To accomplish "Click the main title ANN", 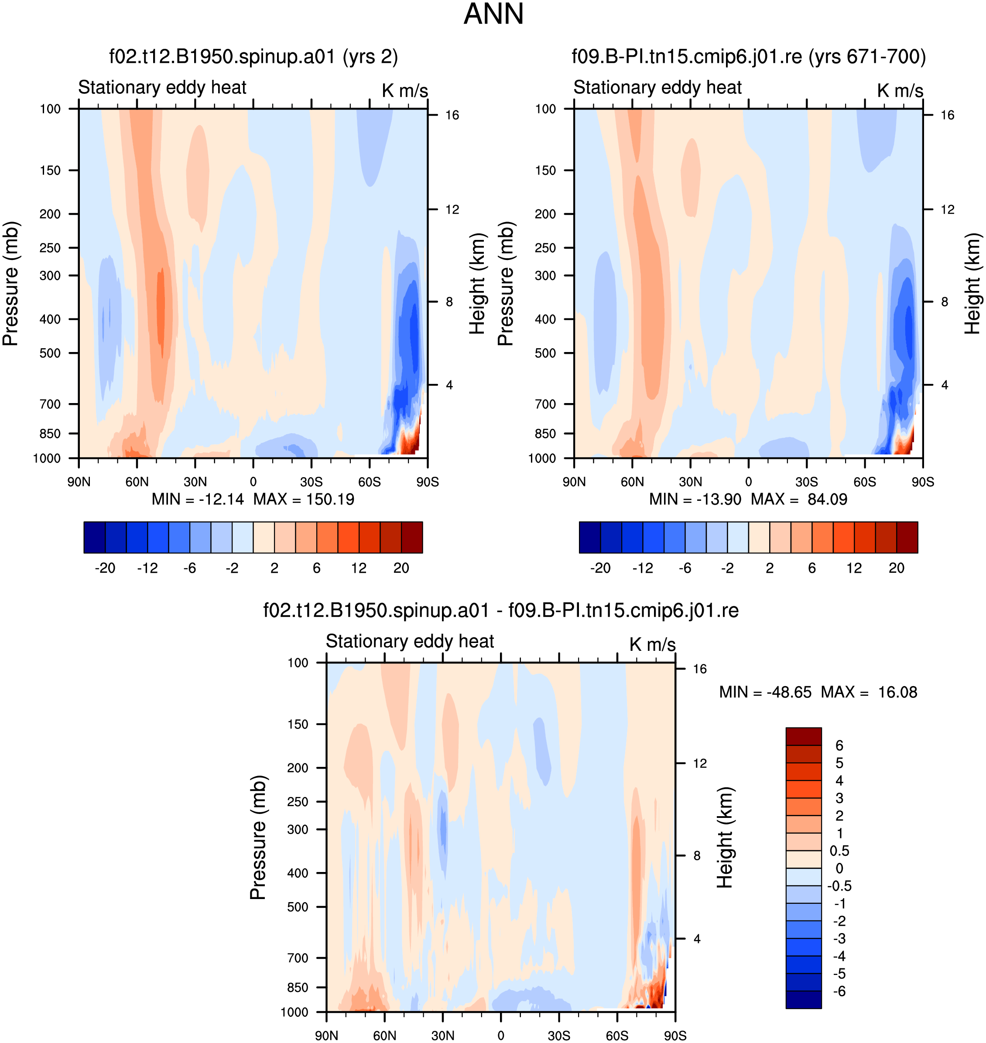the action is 493,14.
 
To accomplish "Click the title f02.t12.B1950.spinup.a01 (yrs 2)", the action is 253,56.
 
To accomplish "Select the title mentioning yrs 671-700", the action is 748,56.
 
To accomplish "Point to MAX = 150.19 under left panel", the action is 304,499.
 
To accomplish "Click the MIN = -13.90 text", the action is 695,499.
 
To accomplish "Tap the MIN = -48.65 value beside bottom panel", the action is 765,692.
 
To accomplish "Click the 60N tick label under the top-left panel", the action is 137,482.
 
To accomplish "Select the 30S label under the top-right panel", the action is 806,482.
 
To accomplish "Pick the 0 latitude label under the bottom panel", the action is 500,1036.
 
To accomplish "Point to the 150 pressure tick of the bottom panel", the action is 298,724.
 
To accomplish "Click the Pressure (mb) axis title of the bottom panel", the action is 258,837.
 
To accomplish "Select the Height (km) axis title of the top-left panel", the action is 477,284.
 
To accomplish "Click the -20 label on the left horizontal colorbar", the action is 105,568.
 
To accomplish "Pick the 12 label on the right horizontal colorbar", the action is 854,568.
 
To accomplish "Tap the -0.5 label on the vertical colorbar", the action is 839,886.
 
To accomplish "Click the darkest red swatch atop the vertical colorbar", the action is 803,736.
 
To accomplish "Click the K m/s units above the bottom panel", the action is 652,644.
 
